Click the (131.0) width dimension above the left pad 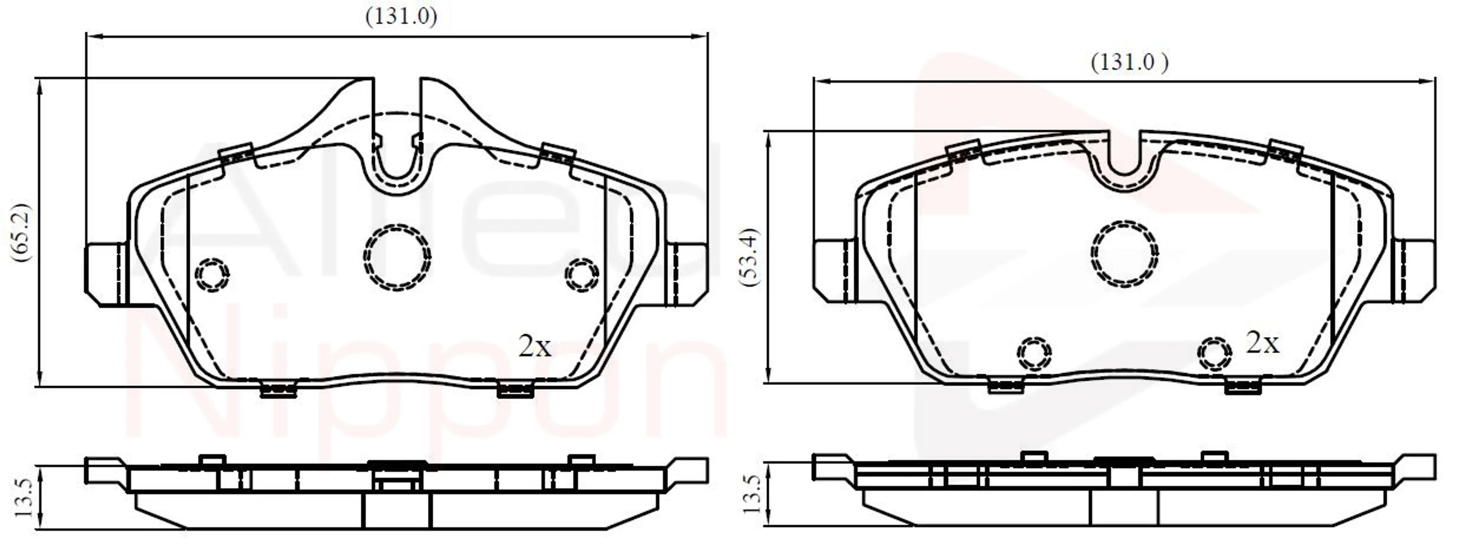click(401, 16)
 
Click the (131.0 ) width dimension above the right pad click(1129, 61)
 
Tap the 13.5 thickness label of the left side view click(24, 497)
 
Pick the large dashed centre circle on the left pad click(397, 257)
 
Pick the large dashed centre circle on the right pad click(1125, 253)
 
